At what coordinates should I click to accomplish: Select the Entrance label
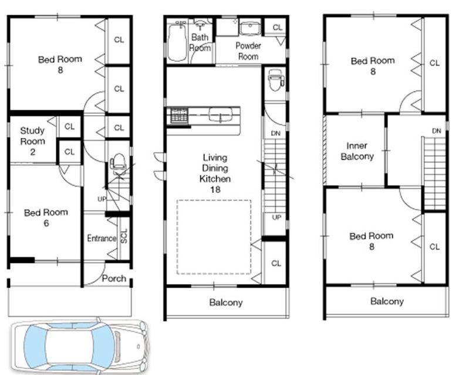(102, 238)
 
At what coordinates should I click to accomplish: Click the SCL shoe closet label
(124, 236)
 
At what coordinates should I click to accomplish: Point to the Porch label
(114, 278)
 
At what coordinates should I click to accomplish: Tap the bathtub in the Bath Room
(177, 42)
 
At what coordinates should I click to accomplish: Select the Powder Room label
(248, 50)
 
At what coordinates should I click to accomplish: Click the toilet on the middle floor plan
(275, 81)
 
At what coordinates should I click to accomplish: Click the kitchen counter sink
(220, 115)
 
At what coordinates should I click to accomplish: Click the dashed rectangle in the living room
(214, 237)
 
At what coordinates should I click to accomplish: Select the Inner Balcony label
(357, 151)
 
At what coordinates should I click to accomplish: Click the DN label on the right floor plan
(436, 131)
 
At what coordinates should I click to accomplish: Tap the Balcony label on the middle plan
(226, 303)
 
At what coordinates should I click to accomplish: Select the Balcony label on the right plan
(387, 302)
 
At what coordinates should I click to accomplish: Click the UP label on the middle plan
(275, 217)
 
